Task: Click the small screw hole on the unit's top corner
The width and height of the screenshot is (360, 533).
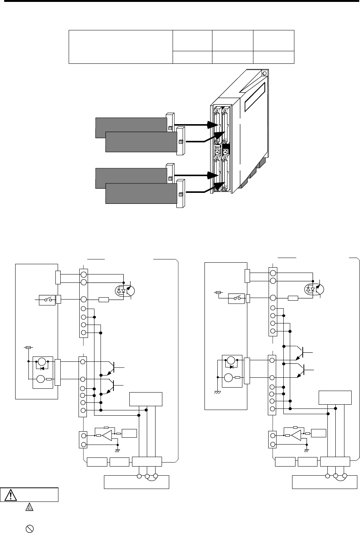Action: (x=264, y=73)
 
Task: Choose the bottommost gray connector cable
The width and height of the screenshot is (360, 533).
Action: (x=141, y=193)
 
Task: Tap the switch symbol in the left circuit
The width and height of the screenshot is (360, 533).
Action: (x=47, y=300)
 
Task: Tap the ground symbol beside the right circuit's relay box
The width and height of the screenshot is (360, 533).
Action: (x=218, y=392)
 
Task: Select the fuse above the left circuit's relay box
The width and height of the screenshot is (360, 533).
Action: (x=28, y=347)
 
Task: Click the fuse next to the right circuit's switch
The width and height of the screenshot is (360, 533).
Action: (x=218, y=293)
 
